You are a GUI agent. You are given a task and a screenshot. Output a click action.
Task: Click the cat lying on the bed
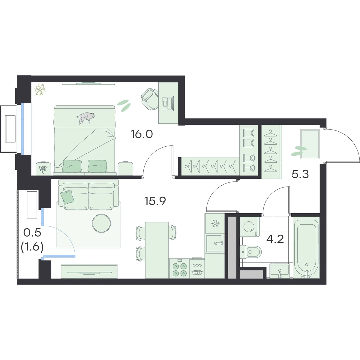86,117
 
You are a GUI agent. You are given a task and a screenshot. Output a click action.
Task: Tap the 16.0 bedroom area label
142,134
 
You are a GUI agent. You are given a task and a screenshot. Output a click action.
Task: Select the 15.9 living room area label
155,201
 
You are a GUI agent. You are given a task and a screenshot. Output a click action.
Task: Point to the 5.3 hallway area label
300,174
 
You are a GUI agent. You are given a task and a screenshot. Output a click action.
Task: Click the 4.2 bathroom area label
275,239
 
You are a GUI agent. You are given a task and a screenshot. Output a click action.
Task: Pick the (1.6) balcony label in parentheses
32,248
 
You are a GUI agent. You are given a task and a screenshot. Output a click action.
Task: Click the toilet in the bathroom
251,252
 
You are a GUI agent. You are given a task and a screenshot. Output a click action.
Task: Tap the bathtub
306,247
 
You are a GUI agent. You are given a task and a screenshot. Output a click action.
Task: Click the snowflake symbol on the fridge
215,223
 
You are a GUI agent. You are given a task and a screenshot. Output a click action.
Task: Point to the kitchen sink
215,243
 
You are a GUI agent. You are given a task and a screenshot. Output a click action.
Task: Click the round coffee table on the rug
101,223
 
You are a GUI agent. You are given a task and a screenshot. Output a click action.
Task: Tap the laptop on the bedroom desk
168,103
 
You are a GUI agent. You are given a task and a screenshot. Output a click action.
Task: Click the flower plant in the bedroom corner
40,89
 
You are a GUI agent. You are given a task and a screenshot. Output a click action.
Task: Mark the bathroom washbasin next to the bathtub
280,271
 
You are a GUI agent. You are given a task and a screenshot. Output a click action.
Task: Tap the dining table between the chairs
157,250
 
